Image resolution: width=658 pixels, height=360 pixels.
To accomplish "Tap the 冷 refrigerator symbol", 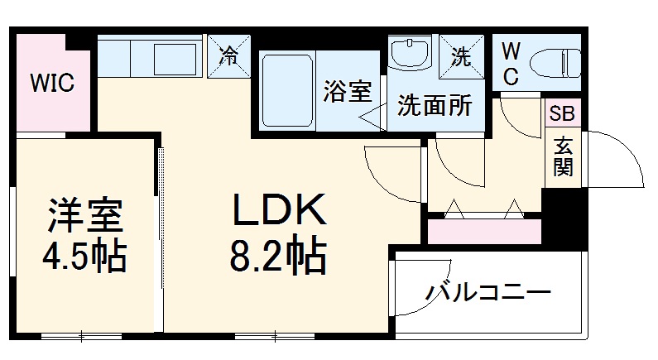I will tap(229, 57).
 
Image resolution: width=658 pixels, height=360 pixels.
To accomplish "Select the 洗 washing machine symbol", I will tap(460, 57).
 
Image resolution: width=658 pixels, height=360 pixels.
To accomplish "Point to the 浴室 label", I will tap(347, 92).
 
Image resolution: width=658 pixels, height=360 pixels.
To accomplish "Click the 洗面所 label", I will tap(435, 106).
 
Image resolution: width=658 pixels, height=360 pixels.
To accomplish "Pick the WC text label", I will tap(511, 64).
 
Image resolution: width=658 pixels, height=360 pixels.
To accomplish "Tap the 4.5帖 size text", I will tap(84, 258).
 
